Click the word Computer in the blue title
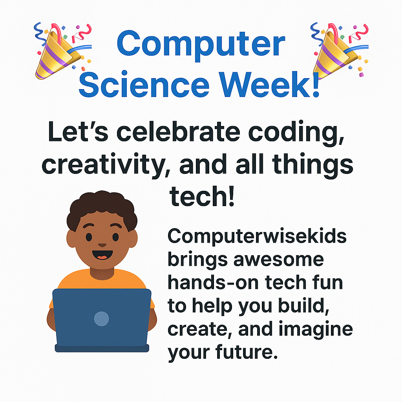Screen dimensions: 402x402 point(201,44)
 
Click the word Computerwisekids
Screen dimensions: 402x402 point(257,237)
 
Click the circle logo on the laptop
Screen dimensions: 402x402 point(102,318)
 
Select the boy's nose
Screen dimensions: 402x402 point(102,244)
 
